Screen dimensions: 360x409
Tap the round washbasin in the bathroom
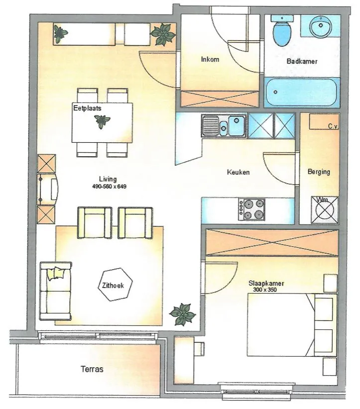click(321, 26)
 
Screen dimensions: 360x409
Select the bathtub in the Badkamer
click(302, 93)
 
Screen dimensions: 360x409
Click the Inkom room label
click(210, 60)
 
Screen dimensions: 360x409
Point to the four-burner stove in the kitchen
click(251, 209)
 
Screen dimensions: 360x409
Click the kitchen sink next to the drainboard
click(237, 126)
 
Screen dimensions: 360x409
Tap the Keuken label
click(238, 172)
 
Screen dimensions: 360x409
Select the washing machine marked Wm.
click(325, 209)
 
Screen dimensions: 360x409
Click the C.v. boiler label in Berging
click(333, 126)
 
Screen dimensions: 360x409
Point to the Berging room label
click(319, 172)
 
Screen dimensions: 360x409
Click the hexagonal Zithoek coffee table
click(115, 285)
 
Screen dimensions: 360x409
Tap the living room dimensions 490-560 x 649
click(109, 187)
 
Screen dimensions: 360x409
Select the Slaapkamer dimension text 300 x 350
click(265, 290)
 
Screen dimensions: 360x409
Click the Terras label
click(92, 369)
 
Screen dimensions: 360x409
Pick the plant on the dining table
click(102, 121)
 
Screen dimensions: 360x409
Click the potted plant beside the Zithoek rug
click(182, 314)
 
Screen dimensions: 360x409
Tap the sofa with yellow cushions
click(55, 291)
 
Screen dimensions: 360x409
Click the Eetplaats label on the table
click(87, 108)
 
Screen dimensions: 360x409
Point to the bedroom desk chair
click(199, 349)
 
